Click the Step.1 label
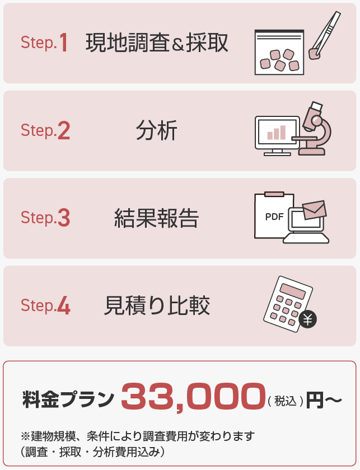(44, 43)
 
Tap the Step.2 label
(45, 130)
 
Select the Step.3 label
(45, 218)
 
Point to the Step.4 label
(45, 305)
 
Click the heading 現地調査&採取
(157, 43)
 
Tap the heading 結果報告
(157, 218)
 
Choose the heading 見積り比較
(157, 305)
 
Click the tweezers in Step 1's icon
(325, 35)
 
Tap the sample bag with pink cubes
(279, 52)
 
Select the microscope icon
(314, 128)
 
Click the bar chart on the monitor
(277, 133)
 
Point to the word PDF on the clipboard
(274, 217)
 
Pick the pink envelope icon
(315, 209)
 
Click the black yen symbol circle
(307, 319)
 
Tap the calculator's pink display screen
(292, 290)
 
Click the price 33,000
(193, 397)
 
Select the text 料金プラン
(68, 399)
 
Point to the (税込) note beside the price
(286, 401)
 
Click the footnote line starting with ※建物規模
(138, 436)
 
